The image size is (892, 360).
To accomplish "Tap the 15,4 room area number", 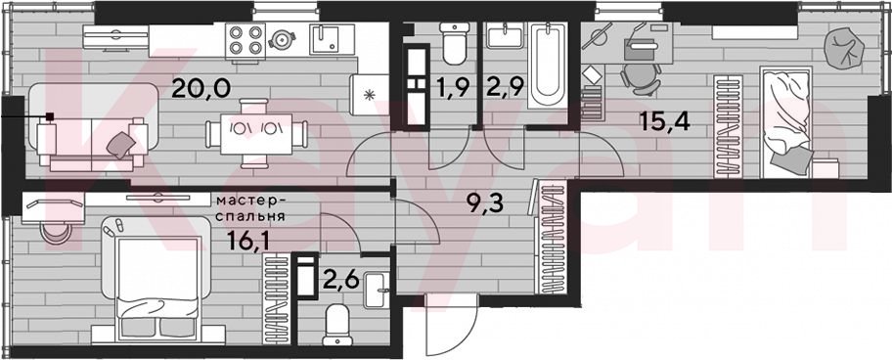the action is click(x=665, y=121).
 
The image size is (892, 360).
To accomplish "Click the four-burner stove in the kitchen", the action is click(x=245, y=40).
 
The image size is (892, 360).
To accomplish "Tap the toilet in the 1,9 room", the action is click(x=454, y=44).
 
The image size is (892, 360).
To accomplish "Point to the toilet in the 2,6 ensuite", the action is click(x=337, y=325).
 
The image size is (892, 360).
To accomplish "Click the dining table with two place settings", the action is click(x=256, y=134).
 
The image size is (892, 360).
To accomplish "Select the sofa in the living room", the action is click(x=92, y=127).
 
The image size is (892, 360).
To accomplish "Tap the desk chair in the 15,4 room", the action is click(x=641, y=78).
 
